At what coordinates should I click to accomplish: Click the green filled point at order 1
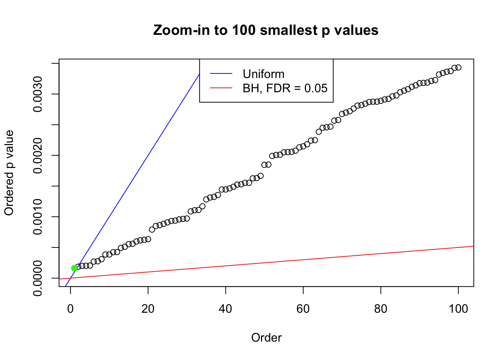click(74, 268)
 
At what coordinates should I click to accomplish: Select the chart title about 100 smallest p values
click(266, 30)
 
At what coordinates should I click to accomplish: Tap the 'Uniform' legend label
click(263, 74)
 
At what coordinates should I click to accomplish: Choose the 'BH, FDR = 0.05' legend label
click(285, 88)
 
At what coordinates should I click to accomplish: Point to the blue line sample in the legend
click(221, 74)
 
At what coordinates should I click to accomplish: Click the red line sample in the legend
click(221, 88)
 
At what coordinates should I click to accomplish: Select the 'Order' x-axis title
click(266, 337)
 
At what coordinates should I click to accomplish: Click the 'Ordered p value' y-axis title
click(9, 173)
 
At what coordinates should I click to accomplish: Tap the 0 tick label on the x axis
click(70, 309)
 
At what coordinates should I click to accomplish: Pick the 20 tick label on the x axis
click(148, 309)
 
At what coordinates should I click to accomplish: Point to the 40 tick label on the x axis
click(225, 309)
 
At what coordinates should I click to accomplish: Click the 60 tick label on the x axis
click(303, 309)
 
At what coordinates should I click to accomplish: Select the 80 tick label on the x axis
click(381, 309)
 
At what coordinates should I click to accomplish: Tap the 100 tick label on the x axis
click(458, 309)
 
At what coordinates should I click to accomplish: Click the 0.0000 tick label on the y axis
click(37, 278)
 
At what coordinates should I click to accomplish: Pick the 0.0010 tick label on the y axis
click(37, 217)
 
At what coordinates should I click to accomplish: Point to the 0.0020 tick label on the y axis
click(37, 155)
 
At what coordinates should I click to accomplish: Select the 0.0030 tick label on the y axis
click(37, 94)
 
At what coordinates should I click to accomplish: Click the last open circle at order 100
click(458, 67)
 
